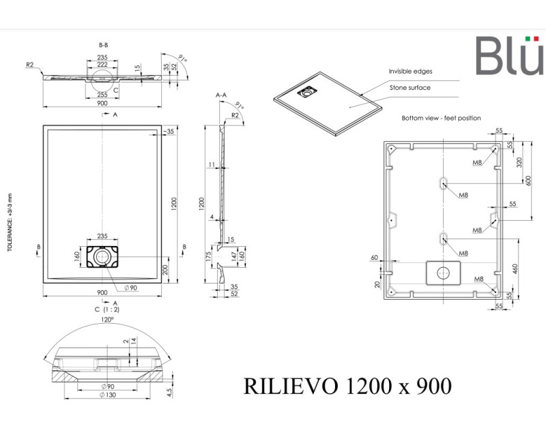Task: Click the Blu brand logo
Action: point(509,56)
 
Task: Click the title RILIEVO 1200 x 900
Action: point(347,386)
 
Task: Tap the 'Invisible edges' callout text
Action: point(410,71)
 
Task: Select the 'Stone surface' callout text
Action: point(409,88)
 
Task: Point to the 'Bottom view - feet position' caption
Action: point(441,118)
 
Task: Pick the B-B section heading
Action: point(103,44)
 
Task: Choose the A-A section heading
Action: point(221,95)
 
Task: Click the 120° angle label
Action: point(106,318)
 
